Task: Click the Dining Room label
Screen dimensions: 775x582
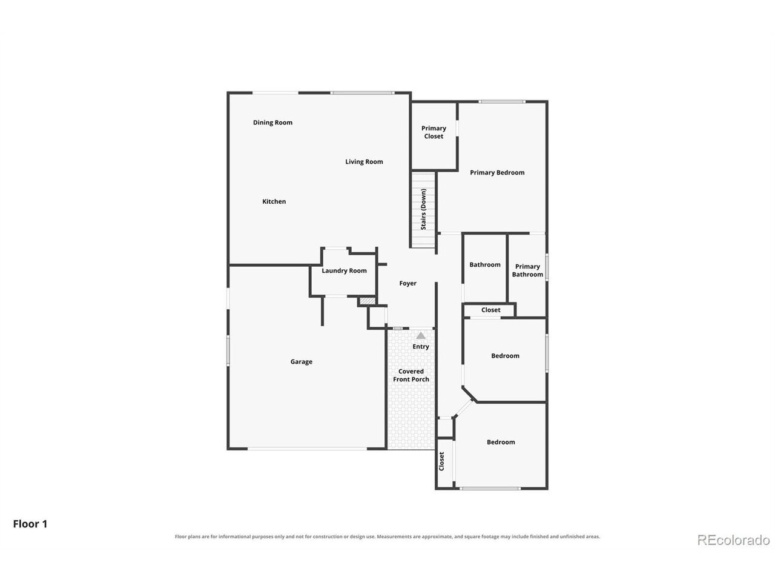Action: click(x=272, y=122)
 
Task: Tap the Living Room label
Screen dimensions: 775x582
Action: click(x=364, y=161)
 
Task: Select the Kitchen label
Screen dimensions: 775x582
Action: click(x=274, y=201)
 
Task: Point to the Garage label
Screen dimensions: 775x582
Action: click(x=301, y=361)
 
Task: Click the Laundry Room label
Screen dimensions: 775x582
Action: click(x=344, y=270)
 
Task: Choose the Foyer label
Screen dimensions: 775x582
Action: click(x=407, y=283)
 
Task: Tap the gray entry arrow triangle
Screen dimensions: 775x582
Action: click(x=421, y=335)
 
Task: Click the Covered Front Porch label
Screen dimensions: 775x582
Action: click(x=411, y=375)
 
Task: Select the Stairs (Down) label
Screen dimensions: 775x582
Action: click(x=423, y=209)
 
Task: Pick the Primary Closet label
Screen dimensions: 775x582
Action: click(x=434, y=132)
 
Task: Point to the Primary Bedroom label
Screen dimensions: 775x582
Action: click(x=496, y=172)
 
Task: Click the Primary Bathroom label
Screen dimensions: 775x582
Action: click(x=527, y=270)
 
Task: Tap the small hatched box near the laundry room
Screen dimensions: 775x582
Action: click(x=367, y=301)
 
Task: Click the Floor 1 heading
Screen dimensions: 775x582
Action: click(x=30, y=524)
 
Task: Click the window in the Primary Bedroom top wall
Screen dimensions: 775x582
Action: click(x=501, y=102)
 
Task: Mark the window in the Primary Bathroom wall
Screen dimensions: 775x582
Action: click(x=547, y=267)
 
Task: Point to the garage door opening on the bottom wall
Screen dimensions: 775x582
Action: click(x=307, y=449)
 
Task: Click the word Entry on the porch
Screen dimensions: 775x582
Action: click(x=421, y=347)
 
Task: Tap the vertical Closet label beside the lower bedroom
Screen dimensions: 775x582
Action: click(x=441, y=461)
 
